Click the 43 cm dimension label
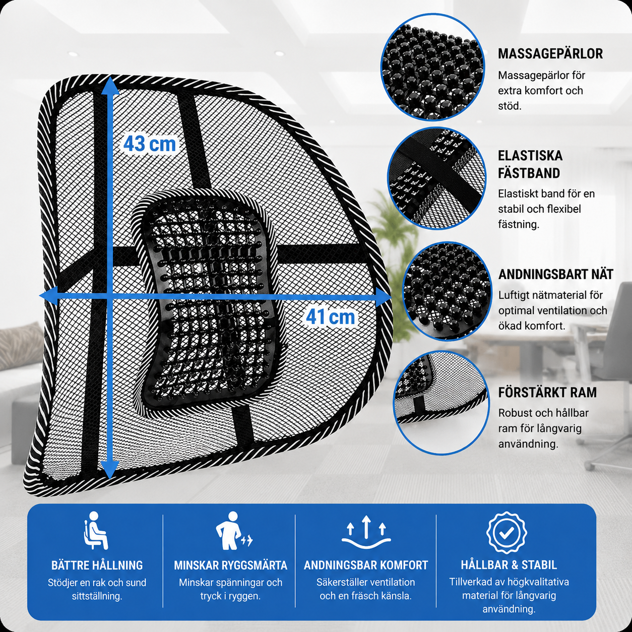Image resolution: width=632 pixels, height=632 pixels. [150, 144]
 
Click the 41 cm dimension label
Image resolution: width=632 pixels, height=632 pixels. [330, 317]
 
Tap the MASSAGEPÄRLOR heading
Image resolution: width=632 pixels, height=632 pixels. [550, 53]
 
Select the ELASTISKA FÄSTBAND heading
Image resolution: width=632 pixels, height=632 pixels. [530, 164]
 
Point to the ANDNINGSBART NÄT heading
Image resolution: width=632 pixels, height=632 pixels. [555, 275]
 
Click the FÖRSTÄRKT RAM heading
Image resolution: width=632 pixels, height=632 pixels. [547, 392]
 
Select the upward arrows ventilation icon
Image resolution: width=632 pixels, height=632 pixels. [366, 532]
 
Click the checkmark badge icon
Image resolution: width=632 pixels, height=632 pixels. [507, 531]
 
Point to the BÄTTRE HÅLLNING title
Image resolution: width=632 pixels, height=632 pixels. [97, 565]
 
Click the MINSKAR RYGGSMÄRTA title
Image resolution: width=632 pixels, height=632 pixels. [230, 565]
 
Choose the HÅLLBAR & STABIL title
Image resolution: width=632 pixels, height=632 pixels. [509, 565]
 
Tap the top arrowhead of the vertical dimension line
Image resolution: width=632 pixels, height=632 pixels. [110, 84]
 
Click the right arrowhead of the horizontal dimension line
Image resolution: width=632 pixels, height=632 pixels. [383, 297]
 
